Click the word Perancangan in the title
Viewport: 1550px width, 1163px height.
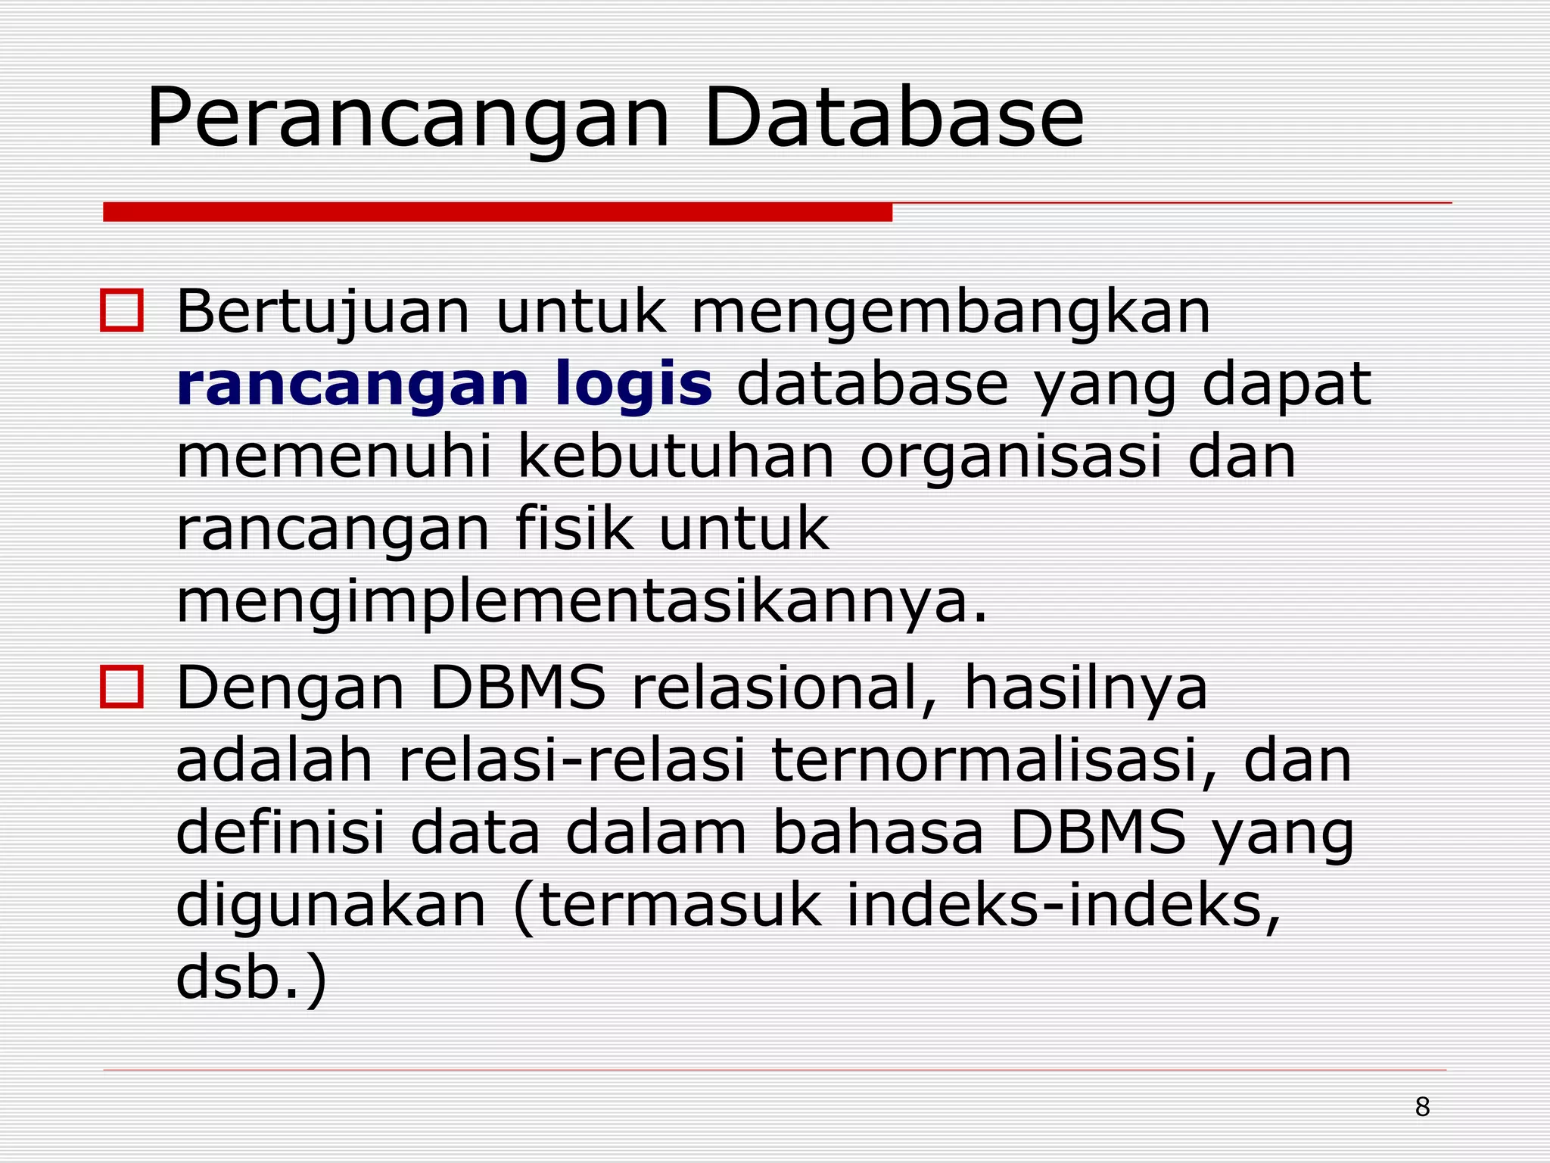click(409, 120)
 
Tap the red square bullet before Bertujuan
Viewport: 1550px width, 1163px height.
click(122, 310)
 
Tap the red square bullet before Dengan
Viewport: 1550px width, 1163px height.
click(122, 687)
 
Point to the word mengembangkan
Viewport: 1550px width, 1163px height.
click(951, 312)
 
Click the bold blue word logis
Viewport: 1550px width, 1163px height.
click(633, 385)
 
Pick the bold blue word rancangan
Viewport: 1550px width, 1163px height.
click(352, 385)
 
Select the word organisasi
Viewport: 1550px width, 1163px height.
click(1010, 458)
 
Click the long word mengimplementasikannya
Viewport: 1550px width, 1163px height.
click(581, 603)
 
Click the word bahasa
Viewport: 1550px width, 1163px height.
click(878, 833)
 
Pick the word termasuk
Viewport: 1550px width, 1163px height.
click(678, 906)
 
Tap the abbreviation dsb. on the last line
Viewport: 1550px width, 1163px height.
click(239, 977)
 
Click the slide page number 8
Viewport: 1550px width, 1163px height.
click(1422, 1107)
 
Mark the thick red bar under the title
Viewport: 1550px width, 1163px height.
click(497, 212)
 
